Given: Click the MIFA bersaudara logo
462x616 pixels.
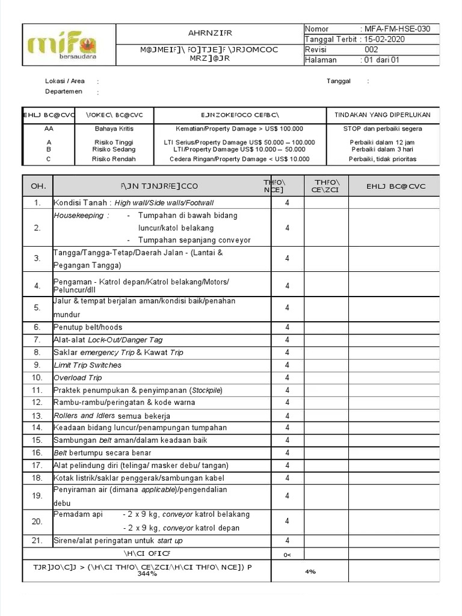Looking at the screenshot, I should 62,46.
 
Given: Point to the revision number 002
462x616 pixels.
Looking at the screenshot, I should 371,50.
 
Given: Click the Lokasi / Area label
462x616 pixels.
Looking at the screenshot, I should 64,81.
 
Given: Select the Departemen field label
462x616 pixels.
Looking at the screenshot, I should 65,91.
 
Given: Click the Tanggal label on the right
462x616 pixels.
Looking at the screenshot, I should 339,81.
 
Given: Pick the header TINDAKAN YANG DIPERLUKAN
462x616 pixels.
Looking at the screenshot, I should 382,115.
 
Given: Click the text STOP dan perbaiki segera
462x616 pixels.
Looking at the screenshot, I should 382,129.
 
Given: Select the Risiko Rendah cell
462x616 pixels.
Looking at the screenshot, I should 114,159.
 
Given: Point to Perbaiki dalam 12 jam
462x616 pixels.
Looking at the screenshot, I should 382,142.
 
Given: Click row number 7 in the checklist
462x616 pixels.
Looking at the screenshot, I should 37,340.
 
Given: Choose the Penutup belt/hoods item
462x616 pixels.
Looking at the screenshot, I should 88,327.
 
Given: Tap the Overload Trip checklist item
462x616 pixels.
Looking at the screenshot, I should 78,378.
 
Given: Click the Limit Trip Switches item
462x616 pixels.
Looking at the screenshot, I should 87,365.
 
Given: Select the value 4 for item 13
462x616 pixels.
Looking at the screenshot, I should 287,416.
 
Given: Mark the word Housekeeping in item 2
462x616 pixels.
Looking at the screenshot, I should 79,215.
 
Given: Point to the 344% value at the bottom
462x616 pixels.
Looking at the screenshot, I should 147,574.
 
